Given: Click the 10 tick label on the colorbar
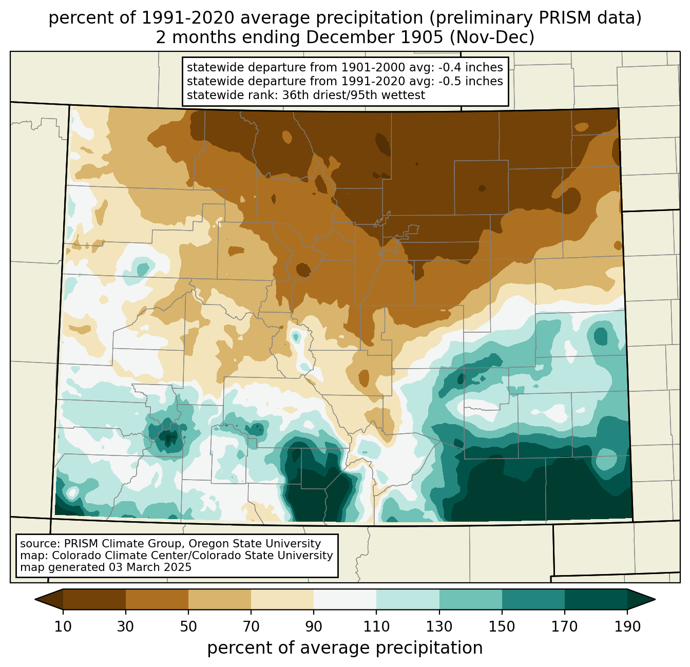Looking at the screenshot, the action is pyautogui.click(x=63, y=626).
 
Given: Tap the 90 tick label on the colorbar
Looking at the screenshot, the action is pyautogui.click(x=314, y=626).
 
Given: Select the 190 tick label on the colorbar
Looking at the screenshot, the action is pyautogui.click(x=627, y=626).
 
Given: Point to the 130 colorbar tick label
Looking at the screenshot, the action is pyautogui.click(x=439, y=626).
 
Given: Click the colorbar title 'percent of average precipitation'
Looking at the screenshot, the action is pyautogui.click(x=344, y=648).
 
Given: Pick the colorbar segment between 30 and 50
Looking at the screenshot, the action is pyautogui.click(x=157, y=599).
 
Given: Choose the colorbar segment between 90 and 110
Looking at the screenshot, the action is pyautogui.click(x=345, y=599).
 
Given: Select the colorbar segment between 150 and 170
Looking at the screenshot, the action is pyautogui.click(x=533, y=599).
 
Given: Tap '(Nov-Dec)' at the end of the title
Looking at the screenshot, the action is pyautogui.click(x=492, y=37).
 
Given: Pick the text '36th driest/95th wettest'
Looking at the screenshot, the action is pyautogui.click(x=353, y=95).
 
